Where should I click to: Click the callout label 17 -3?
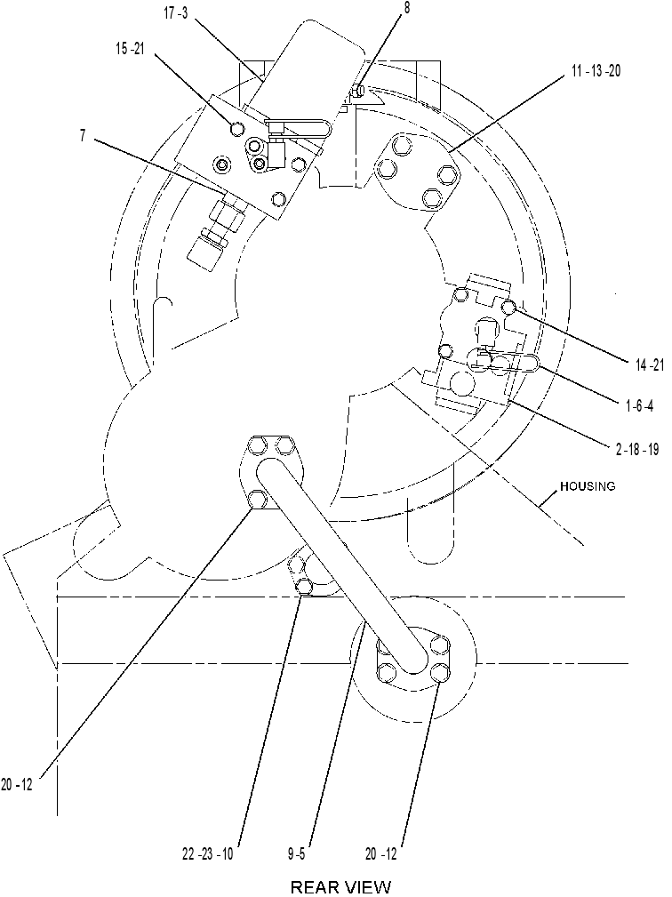[x=176, y=13]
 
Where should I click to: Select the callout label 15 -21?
[x=130, y=49]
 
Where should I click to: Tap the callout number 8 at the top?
[x=406, y=9]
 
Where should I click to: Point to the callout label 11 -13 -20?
[x=596, y=71]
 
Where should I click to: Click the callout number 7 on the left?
[x=83, y=136]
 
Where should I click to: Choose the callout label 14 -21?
[x=650, y=364]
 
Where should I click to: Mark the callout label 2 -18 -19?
[x=637, y=449]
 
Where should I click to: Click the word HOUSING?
[x=588, y=486]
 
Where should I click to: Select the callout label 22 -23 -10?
[x=208, y=854]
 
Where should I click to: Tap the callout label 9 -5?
[x=296, y=854]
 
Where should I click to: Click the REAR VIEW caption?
[x=340, y=886]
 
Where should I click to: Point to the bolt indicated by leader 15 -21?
[x=236, y=129]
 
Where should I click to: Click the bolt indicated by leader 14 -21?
[x=509, y=308]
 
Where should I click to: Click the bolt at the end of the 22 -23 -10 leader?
[x=303, y=587]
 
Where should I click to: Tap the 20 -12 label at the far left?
[x=17, y=785]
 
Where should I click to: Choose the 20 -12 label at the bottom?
[x=381, y=854]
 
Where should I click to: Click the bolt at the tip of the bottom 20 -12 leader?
[x=439, y=671]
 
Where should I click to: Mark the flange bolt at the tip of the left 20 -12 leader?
[x=258, y=500]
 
